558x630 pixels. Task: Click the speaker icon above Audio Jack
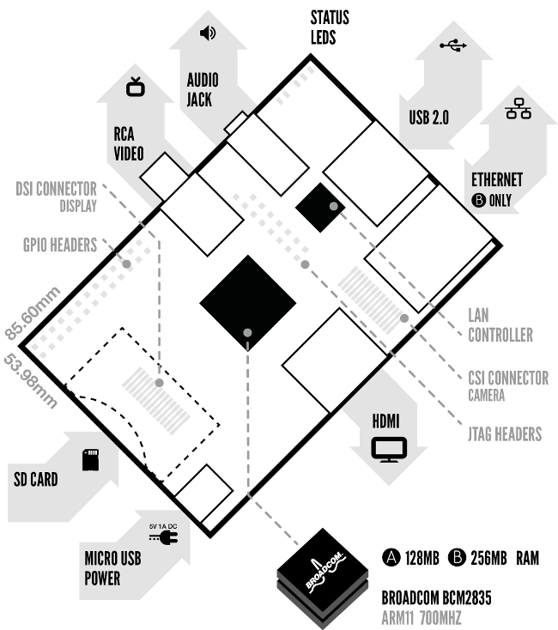pos(208,33)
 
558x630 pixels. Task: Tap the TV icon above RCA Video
pos(136,87)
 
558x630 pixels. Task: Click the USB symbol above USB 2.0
pos(453,45)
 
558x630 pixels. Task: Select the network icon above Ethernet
pos(519,108)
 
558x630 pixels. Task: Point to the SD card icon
pos(90,460)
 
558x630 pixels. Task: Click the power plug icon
pos(164,536)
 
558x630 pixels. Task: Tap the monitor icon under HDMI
pos(389,449)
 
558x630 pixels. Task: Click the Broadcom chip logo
pos(323,571)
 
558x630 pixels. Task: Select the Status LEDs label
pos(330,27)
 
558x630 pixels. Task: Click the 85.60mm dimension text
pos(33,313)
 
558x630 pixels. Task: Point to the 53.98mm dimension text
pos(31,380)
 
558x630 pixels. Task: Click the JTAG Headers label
pos(505,434)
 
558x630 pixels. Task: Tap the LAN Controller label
pos(500,325)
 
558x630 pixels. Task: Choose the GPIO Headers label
pos(60,245)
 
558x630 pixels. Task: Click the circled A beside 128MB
pos(391,557)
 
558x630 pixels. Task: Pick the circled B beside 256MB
pos(457,557)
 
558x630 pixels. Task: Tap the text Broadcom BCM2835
pos(436,598)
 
